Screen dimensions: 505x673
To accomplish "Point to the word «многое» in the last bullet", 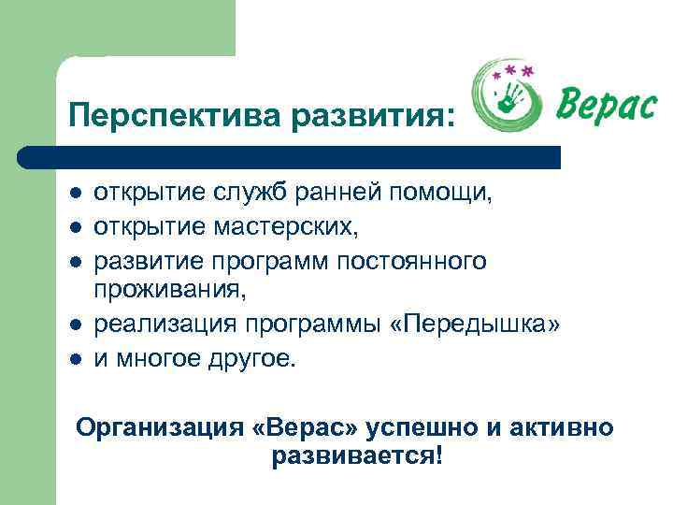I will click(158, 359).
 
